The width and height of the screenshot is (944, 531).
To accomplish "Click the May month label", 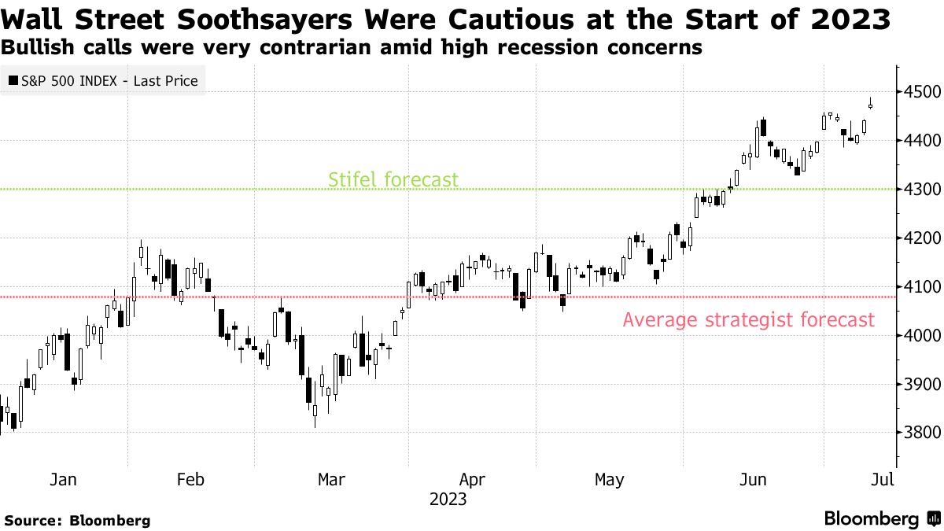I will click(x=609, y=479).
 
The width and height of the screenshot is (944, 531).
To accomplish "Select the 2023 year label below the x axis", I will click(x=448, y=500).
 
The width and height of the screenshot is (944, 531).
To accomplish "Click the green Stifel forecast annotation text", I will click(x=393, y=179).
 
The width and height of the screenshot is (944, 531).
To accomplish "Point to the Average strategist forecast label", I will click(x=748, y=320).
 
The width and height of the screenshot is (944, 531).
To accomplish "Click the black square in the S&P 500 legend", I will click(x=13, y=80).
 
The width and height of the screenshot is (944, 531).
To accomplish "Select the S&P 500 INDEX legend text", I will click(x=109, y=80).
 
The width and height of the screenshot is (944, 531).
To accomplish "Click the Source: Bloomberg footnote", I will click(x=77, y=520).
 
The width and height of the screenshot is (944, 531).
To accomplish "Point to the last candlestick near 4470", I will click(x=870, y=105).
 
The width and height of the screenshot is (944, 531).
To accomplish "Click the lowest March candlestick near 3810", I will click(x=315, y=411).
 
